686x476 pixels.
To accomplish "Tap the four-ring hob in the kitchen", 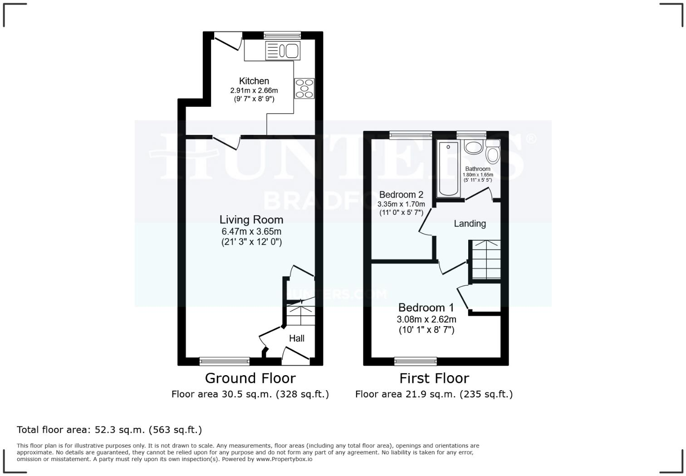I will click(304, 88).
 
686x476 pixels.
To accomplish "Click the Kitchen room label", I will click(254, 81).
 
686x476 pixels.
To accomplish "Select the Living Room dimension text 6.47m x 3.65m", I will click(251, 232).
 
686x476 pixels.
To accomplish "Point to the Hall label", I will click(297, 338).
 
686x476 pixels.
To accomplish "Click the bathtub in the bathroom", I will click(448, 169).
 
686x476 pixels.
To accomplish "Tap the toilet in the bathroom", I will click(492, 152).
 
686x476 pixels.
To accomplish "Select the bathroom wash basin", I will click(474, 147).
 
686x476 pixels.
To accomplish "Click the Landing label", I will click(470, 223).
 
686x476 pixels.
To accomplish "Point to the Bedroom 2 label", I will click(401, 195).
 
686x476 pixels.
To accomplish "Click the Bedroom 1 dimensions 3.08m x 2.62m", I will click(426, 320).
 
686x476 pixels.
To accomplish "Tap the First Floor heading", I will click(434, 378).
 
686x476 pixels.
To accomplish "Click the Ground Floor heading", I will click(250, 378).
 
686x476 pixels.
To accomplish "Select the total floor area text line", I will click(109, 430).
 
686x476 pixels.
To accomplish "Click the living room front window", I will click(224, 362).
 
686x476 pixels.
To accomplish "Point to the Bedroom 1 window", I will click(416, 362).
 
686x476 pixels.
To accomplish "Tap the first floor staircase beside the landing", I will click(485, 260).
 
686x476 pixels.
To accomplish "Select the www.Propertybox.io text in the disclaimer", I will click(284, 459).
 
